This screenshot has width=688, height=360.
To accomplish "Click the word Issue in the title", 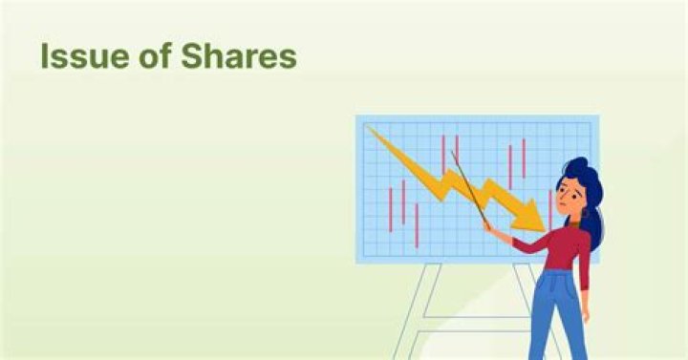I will (x=76, y=57).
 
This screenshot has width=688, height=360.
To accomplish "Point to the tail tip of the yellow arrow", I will (x=369, y=129).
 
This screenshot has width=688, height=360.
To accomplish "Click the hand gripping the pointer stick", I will (x=489, y=229).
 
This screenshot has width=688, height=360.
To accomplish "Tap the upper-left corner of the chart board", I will (x=358, y=118).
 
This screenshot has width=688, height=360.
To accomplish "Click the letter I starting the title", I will (x=45, y=57).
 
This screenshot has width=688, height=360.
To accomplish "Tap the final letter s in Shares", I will (x=289, y=59).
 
